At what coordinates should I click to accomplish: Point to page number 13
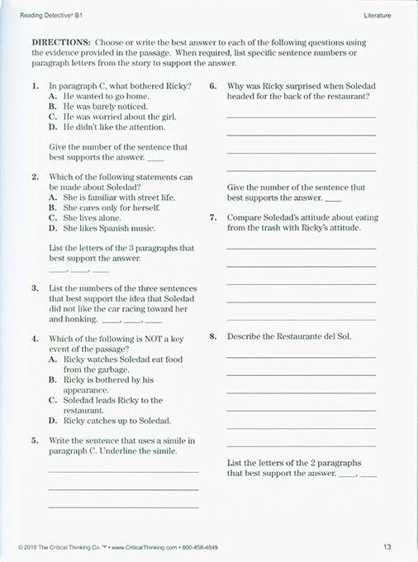point(387,546)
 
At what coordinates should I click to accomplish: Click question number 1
point(35,86)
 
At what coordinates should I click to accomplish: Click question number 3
point(35,288)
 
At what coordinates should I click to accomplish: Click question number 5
point(35,441)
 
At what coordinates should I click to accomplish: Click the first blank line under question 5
point(123,471)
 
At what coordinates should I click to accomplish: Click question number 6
point(213,86)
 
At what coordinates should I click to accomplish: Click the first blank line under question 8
point(301,357)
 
